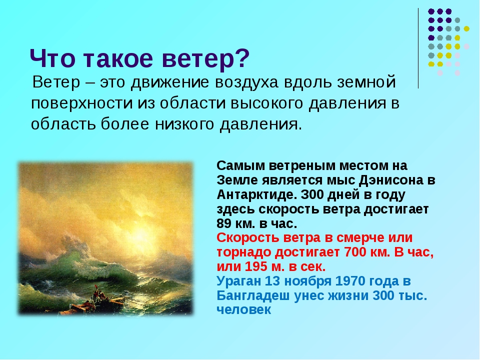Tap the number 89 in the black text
click(x=224, y=223)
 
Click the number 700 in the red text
click(x=355, y=252)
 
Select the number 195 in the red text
click(x=256, y=266)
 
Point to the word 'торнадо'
click(x=244, y=252)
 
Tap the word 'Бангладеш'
click(x=253, y=295)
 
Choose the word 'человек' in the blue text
click(x=243, y=310)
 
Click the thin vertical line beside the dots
click(x=418, y=48)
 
